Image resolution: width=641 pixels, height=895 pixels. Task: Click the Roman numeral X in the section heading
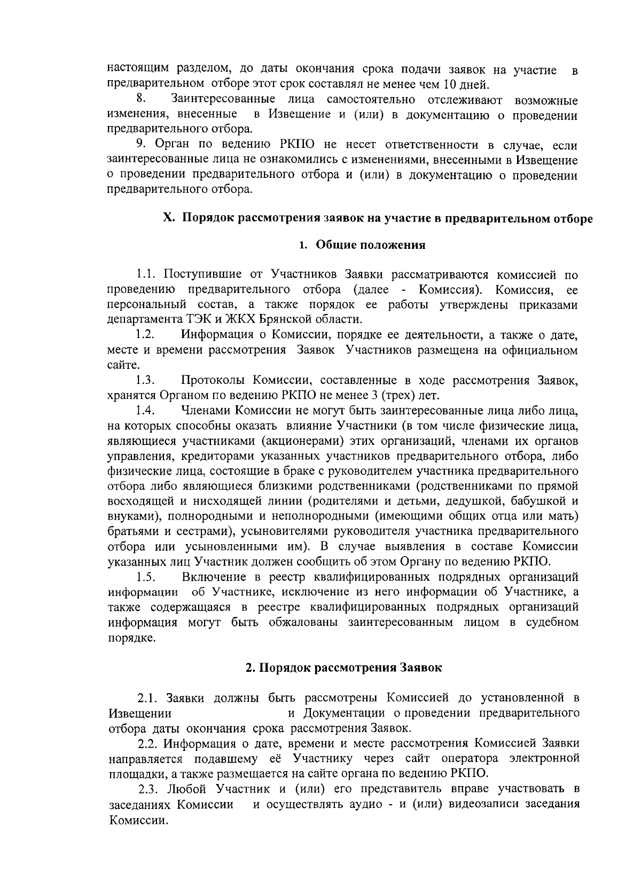pos(168,218)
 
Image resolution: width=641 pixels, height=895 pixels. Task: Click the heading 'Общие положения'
pos(371,245)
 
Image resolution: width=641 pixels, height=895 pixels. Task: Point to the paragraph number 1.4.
pos(145,411)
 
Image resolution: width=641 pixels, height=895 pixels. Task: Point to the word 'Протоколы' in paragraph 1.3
pos(213,381)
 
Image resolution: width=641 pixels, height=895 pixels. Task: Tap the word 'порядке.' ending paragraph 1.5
pos(132,638)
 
